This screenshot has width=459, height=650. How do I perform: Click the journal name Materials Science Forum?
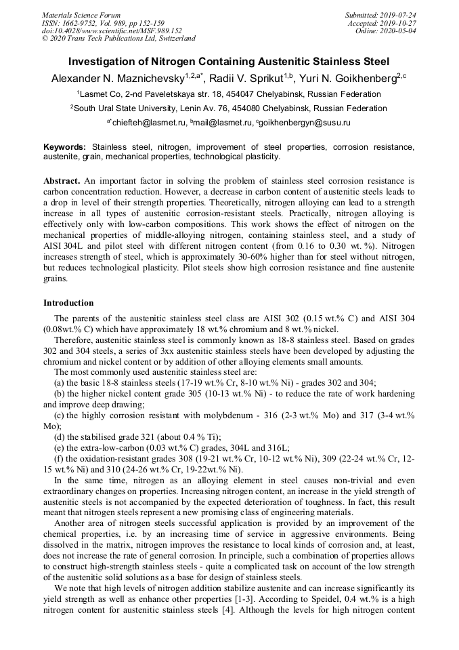click(x=81, y=14)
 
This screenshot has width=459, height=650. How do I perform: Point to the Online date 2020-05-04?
click(x=399, y=31)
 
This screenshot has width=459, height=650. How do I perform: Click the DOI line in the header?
click(x=112, y=31)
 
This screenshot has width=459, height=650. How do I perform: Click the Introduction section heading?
click(x=68, y=302)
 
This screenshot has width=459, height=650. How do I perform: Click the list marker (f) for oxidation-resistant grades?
click(x=58, y=459)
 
